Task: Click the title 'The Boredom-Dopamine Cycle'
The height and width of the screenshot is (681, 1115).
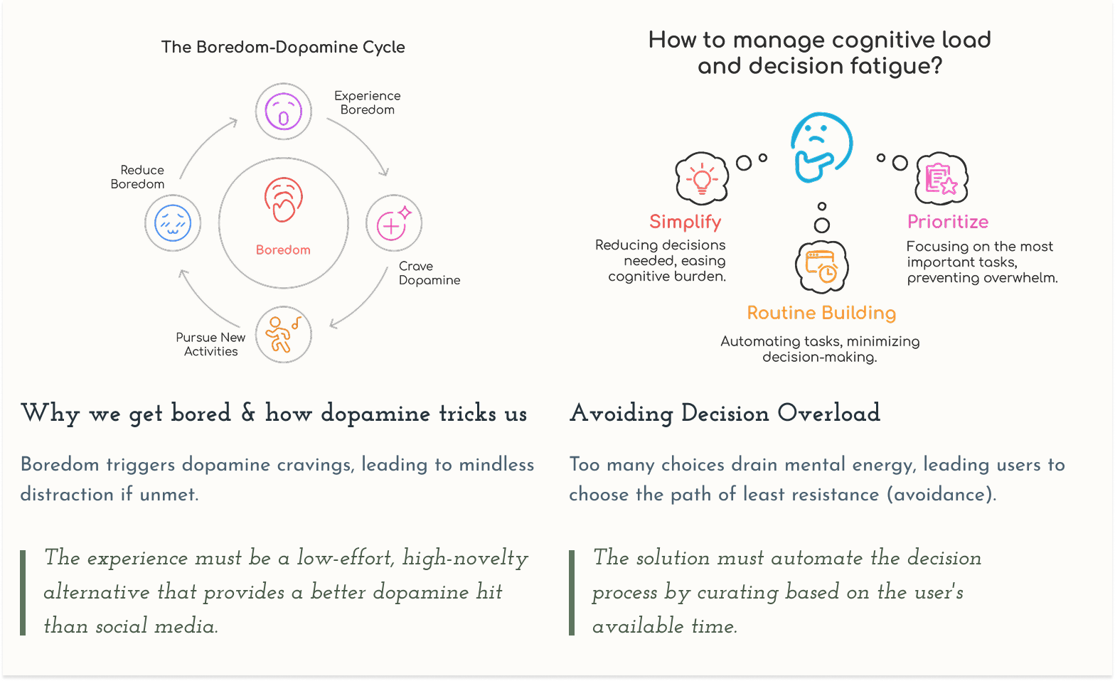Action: point(283,47)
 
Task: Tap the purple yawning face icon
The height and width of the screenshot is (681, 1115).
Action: point(284,112)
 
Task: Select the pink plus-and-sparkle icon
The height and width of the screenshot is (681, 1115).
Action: point(394,223)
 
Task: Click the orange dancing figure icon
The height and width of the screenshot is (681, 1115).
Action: point(283,334)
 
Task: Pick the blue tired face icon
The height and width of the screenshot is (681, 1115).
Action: point(173,223)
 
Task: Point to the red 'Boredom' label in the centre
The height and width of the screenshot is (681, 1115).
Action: point(283,250)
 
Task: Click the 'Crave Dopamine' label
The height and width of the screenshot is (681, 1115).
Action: point(429,273)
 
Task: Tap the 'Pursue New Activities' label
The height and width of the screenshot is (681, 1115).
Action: point(210,344)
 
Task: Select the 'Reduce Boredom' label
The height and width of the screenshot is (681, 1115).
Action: point(138,177)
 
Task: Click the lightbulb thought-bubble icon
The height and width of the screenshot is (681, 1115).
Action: point(702,178)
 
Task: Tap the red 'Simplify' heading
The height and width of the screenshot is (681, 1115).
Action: point(685,222)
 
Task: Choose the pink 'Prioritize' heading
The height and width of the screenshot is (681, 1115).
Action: point(947,222)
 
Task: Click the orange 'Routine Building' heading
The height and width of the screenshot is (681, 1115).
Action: point(821,313)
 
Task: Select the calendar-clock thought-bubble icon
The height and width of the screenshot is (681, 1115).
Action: point(821,267)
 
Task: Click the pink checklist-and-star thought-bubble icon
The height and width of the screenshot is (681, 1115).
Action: point(941,178)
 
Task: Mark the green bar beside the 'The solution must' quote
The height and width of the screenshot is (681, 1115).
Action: point(572,592)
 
